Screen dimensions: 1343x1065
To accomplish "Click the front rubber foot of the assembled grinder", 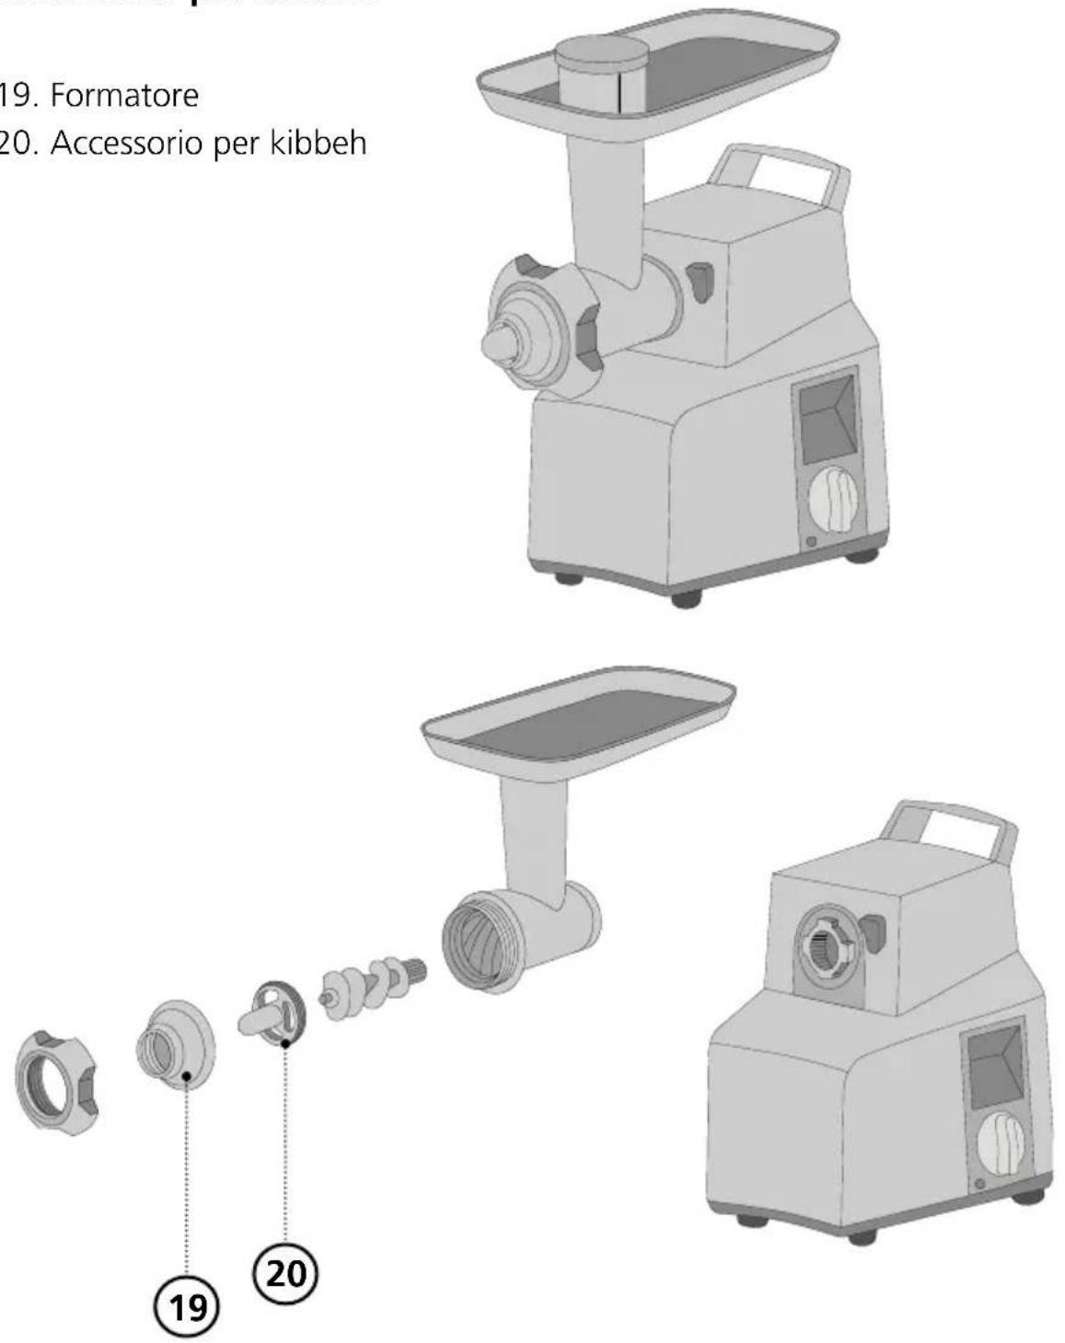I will (x=685, y=598).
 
